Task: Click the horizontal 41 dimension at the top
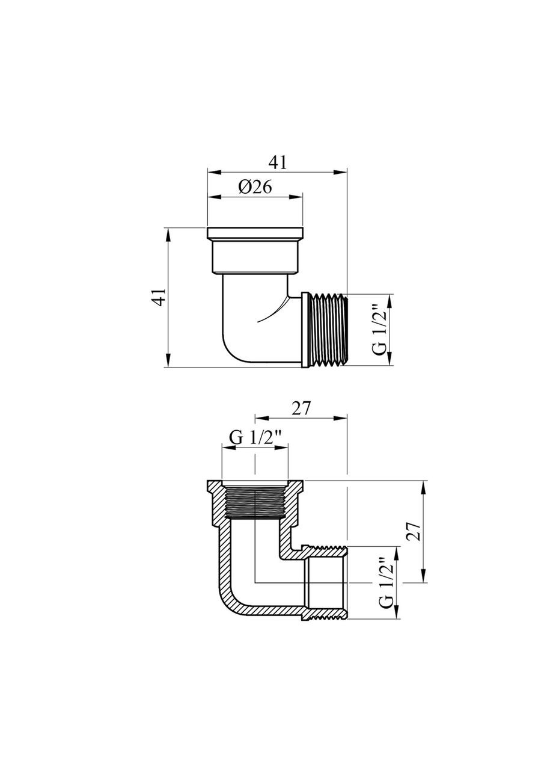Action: click(278, 162)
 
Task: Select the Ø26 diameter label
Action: click(255, 187)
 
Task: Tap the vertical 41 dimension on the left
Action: click(158, 297)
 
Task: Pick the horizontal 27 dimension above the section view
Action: click(301, 408)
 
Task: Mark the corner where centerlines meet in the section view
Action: click(255, 583)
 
